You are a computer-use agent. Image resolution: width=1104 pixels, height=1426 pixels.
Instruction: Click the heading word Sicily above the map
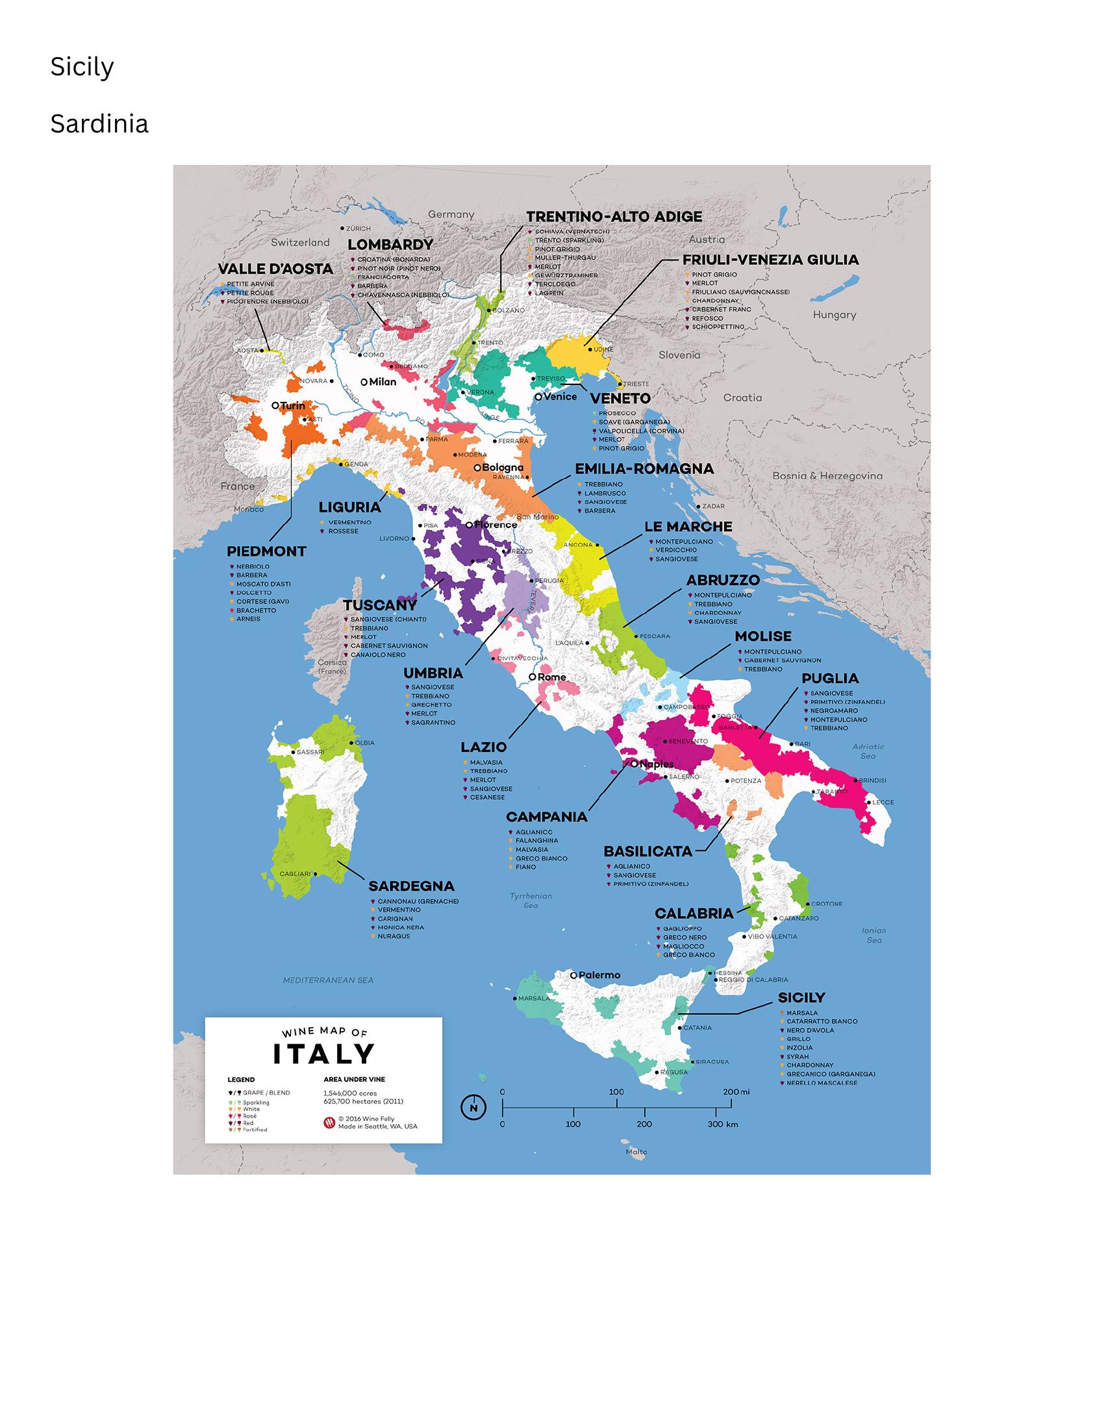point(82,68)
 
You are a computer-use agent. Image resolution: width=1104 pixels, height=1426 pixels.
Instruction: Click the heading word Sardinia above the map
point(99,124)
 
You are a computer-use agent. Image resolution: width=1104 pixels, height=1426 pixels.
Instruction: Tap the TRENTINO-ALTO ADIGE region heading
point(614,217)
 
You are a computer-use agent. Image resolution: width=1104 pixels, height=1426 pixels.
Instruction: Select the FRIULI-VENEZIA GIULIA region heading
point(770,260)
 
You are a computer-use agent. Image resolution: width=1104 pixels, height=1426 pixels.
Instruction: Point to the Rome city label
point(551,677)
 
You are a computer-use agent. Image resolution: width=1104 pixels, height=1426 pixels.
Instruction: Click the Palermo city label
point(599,975)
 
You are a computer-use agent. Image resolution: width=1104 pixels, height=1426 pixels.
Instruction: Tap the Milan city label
point(383,382)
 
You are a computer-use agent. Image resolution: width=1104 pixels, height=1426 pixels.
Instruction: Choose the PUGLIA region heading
point(830,679)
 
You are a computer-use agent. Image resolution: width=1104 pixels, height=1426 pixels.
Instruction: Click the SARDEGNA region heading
point(411,886)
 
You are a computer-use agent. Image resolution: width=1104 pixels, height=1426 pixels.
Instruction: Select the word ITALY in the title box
point(323,1054)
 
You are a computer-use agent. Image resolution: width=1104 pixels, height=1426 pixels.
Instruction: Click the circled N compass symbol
point(473,1107)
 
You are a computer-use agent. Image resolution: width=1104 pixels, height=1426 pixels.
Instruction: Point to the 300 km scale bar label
point(723,1124)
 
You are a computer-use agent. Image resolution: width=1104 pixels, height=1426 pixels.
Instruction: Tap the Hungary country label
point(834,315)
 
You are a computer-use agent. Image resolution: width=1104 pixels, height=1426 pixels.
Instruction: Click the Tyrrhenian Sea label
point(531,901)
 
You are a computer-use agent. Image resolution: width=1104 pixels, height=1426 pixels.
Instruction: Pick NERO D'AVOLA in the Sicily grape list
point(810,1031)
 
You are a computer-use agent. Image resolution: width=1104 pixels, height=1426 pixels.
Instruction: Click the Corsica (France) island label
point(332,667)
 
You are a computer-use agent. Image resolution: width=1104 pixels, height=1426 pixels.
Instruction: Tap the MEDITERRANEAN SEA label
point(328,980)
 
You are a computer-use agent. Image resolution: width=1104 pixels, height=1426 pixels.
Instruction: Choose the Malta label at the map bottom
point(636,1152)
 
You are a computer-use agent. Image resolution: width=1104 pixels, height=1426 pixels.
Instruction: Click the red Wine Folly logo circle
point(329,1122)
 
